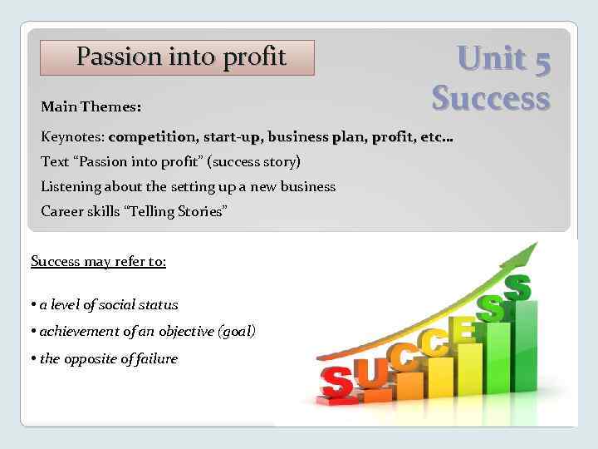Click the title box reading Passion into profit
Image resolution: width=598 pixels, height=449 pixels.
tap(178, 57)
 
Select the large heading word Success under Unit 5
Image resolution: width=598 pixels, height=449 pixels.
tap(491, 97)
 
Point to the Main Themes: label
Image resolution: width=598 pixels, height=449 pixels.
tap(91, 107)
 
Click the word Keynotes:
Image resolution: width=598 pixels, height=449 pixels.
tap(72, 136)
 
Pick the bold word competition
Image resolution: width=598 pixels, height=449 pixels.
tap(152, 136)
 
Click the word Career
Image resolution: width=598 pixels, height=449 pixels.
tap(62, 211)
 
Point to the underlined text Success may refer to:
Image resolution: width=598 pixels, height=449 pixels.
tap(98, 262)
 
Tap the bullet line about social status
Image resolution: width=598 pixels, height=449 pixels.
tap(109, 305)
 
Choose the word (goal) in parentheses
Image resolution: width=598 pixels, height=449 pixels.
tap(236, 332)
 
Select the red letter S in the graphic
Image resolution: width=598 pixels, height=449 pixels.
tap(336, 383)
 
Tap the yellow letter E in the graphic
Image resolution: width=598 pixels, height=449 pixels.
tap(463, 330)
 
